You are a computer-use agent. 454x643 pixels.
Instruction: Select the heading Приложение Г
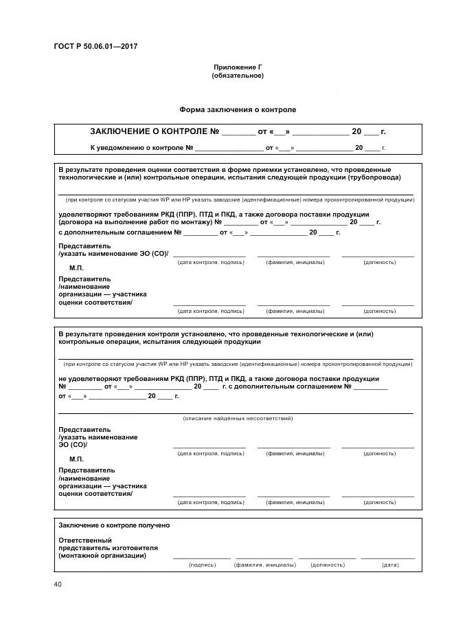[x=238, y=67]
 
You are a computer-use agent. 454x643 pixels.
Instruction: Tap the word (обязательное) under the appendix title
[x=238, y=75]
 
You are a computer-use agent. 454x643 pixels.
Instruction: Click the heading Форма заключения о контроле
[x=238, y=109]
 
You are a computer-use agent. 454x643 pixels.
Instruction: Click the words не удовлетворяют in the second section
[x=82, y=379]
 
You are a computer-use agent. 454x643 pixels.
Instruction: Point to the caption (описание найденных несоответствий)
[x=238, y=418]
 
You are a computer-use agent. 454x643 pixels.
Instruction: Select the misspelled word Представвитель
[x=87, y=470]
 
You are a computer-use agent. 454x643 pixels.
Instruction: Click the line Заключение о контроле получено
[x=114, y=525]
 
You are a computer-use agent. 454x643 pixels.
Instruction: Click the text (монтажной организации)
[x=102, y=556]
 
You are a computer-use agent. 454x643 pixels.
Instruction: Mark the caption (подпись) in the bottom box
[x=202, y=565]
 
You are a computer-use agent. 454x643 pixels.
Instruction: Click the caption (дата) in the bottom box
[x=389, y=565]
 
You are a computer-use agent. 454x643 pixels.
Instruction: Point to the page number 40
[x=58, y=585]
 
